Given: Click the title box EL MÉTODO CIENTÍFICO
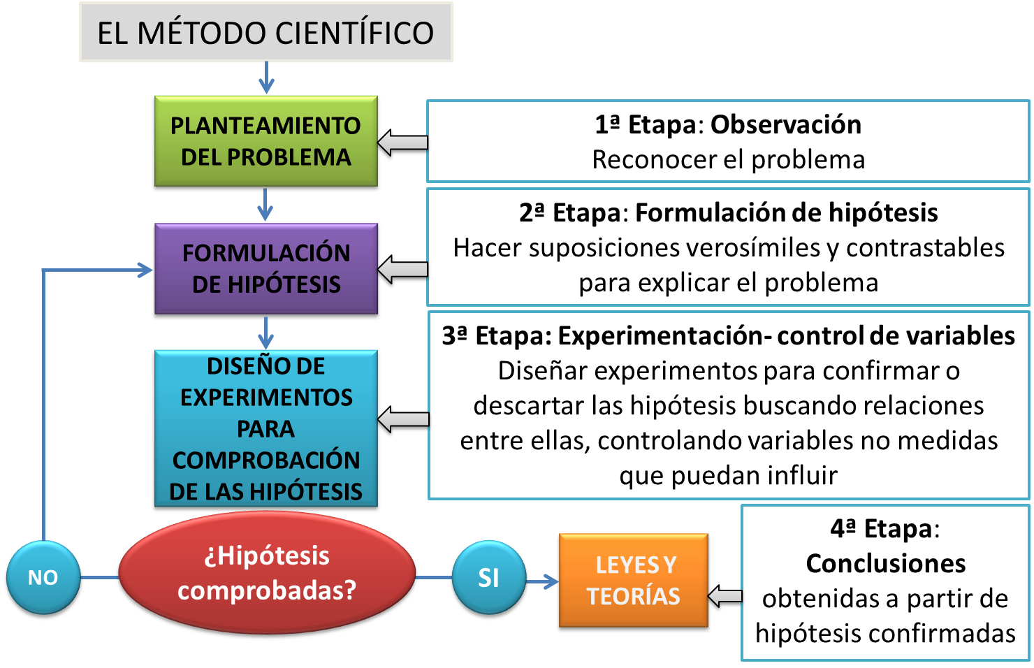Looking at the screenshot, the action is pyautogui.click(x=265, y=32).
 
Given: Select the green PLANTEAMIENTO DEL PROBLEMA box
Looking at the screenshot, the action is pyautogui.click(x=265, y=142).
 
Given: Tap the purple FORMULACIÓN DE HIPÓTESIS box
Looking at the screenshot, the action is pyautogui.click(x=265, y=269).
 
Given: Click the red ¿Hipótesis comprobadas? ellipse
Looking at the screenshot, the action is pyautogui.click(x=267, y=574).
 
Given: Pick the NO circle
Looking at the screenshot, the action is pyautogui.click(x=43, y=578).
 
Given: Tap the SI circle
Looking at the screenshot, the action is pyautogui.click(x=488, y=578).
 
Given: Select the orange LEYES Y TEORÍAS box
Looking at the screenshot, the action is pyautogui.click(x=633, y=581).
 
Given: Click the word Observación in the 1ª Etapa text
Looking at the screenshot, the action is pyautogui.click(x=785, y=124).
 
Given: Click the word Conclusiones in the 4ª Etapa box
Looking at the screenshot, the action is pyautogui.click(x=885, y=563).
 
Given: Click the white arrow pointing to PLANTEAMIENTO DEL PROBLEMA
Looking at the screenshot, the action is pyautogui.click(x=403, y=143).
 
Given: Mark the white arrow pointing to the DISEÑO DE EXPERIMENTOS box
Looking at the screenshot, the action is pyautogui.click(x=404, y=419).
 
